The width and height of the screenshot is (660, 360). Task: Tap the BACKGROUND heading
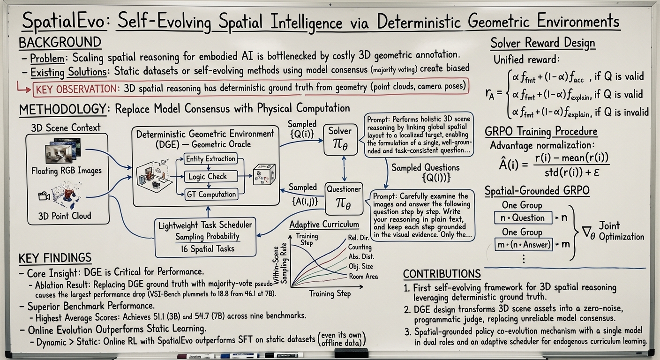(60, 43)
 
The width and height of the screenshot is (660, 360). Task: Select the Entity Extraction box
(210, 159)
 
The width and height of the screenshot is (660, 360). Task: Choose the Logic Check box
(208, 177)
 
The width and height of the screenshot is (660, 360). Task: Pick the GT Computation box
(211, 194)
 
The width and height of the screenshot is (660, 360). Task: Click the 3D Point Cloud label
(65, 216)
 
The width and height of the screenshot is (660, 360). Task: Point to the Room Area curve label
(363, 276)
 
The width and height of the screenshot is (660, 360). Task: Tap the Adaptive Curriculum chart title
(324, 225)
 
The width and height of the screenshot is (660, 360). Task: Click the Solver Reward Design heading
(542, 44)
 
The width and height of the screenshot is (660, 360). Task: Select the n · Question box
(522, 217)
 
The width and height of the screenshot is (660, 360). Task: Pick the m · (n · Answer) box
(524, 244)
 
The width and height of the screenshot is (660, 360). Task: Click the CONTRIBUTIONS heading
(442, 274)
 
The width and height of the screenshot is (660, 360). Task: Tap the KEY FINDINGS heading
(55, 258)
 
